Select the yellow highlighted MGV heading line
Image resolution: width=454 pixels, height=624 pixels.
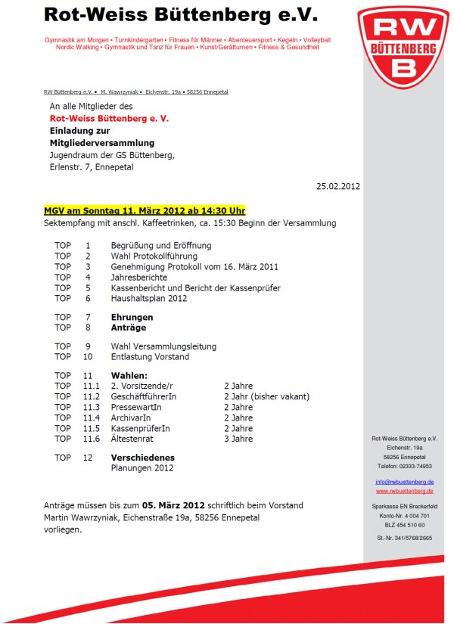145,210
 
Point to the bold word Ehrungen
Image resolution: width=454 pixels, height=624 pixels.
132,317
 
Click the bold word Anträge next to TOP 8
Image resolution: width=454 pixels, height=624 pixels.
129,328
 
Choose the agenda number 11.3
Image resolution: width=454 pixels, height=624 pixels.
92,407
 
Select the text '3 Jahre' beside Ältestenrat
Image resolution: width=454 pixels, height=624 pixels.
238,439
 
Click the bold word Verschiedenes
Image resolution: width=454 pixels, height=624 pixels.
142,458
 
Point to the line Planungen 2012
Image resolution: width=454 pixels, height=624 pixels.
142,468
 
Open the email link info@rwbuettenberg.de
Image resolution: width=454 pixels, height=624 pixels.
404,482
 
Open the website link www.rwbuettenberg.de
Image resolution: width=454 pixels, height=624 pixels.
404,491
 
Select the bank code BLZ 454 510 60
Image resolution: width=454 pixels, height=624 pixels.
404,524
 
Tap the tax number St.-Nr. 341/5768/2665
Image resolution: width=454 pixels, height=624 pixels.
404,538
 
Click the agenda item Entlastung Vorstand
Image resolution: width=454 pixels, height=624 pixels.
150,356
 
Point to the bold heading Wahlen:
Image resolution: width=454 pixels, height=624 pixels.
129,375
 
